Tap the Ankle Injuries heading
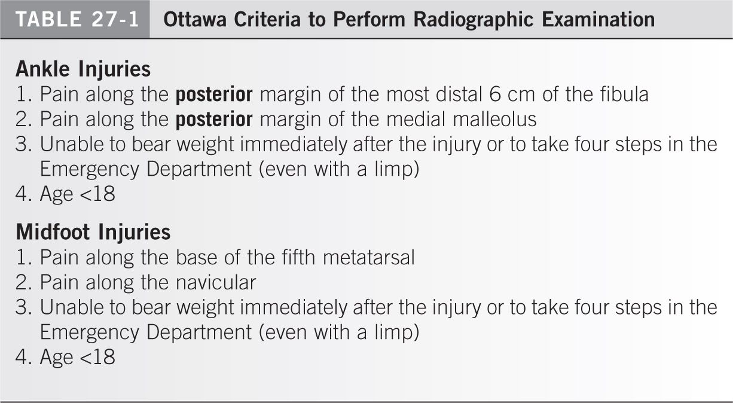[83, 69]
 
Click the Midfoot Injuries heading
[93, 232]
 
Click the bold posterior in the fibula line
[214, 94]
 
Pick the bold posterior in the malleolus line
[214, 120]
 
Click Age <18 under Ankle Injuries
[77, 194]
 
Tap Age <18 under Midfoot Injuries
[77, 357]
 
